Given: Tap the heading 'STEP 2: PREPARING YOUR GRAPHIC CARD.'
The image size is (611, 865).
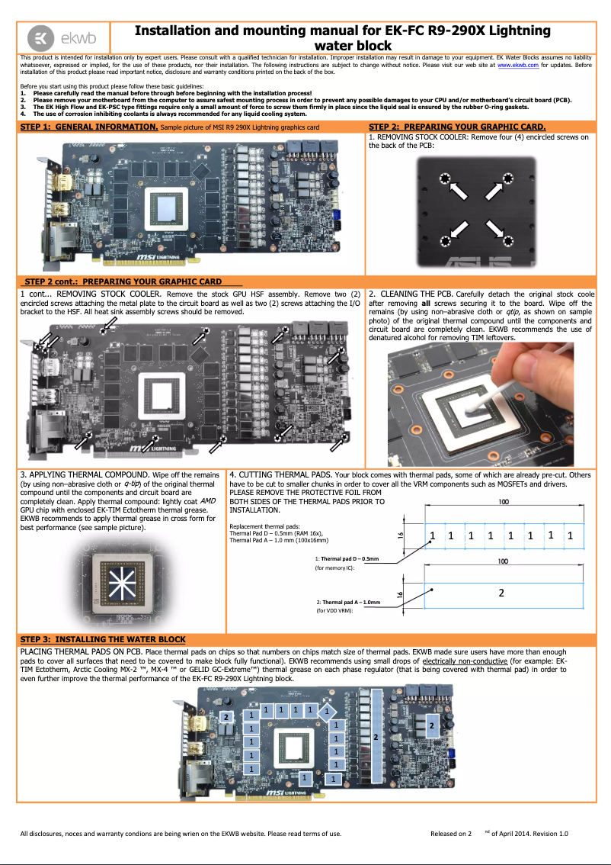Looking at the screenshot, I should (x=456, y=127).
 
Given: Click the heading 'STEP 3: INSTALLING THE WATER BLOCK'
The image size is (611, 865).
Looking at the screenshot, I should (x=103, y=639).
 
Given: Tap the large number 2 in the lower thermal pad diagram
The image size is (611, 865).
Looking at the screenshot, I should (x=501, y=592).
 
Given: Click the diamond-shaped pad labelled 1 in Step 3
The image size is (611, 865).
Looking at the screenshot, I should (x=326, y=712).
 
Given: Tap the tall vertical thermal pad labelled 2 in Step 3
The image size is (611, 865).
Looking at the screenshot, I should (x=376, y=738).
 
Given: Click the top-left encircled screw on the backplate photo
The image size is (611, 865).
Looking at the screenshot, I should (x=444, y=179).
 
